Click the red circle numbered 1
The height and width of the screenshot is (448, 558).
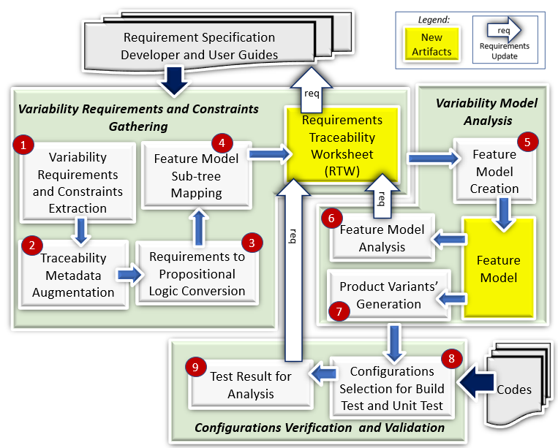click(24, 145)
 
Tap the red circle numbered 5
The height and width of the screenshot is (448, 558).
click(524, 140)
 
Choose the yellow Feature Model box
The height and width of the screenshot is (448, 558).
click(498, 268)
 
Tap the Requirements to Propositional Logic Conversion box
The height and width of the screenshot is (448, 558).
click(197, 273)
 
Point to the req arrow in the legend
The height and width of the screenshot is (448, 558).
click(505, 32)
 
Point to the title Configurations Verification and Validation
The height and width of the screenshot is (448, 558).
click(320, 428)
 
